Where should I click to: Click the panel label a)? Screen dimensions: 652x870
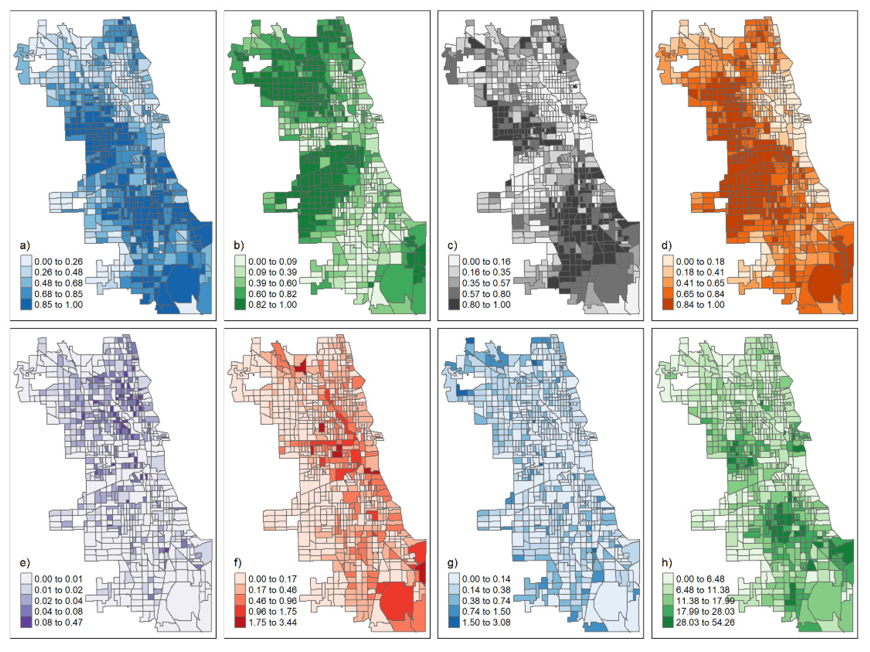[24, 246]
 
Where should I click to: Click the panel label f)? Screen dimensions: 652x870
[238, 563]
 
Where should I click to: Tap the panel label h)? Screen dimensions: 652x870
[667, 563]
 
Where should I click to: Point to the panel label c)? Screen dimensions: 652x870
[452, 246]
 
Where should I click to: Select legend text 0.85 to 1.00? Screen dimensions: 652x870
[59, 305]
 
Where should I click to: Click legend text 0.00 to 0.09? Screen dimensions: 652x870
[272, 262]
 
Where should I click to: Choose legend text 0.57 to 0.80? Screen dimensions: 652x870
[486, 294]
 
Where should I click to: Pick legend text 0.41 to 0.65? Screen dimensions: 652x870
[700, 283]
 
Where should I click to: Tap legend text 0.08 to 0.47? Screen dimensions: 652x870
[59, 623]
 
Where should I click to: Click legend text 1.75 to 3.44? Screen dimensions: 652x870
[272, 623]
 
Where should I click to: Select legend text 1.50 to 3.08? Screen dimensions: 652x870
[486, 623]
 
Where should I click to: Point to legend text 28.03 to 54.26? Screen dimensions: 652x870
[705, 623]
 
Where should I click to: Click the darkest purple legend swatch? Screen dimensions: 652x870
[26, 623]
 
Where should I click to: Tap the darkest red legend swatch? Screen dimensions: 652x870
[240, 623]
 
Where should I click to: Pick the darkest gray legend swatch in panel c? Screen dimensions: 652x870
[454, 305]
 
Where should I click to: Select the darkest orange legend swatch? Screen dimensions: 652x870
[668, 305]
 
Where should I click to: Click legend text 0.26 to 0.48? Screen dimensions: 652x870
[59, 272]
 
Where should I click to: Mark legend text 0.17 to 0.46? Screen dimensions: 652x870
[272, 590]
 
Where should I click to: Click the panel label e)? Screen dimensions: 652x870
[24, 563]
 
